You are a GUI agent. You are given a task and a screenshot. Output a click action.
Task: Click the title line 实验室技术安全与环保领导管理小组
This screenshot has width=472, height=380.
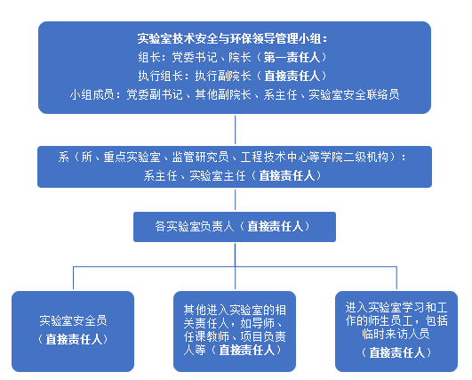229,39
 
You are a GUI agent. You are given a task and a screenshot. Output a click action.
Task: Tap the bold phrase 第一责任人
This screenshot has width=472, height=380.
292,57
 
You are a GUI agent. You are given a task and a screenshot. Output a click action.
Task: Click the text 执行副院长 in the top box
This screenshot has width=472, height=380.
223,76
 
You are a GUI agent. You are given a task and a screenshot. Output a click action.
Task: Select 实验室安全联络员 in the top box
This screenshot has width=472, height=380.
354,94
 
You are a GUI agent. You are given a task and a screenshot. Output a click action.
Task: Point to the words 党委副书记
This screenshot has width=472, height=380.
155,94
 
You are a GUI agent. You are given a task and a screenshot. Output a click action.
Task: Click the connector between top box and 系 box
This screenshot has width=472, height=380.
235,130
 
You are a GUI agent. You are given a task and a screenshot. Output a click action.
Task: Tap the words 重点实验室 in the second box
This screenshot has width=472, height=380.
132,157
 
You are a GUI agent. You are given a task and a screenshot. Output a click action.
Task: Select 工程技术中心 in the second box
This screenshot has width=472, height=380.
275,157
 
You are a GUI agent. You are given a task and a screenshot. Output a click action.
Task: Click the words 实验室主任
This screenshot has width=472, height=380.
218,175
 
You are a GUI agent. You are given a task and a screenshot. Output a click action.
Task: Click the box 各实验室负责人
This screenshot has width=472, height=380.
235,227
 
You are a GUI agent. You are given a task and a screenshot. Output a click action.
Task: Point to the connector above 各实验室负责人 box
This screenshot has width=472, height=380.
235,199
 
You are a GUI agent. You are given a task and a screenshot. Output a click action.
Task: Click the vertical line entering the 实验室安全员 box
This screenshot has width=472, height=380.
73,278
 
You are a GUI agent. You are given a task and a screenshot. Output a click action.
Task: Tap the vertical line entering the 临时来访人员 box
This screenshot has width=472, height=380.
396,278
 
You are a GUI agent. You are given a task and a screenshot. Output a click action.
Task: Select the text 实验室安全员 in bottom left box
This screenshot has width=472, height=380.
73,320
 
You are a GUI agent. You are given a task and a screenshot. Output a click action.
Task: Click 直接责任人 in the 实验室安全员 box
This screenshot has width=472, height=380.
74,339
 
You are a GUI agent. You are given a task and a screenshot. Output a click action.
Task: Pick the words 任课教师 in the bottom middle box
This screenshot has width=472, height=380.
206,336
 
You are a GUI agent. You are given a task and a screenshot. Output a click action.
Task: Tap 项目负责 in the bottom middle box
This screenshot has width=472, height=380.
263,336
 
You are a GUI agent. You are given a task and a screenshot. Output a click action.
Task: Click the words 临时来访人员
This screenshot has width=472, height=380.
396,334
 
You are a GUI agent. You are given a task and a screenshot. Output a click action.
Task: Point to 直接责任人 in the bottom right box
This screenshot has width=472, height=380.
397,352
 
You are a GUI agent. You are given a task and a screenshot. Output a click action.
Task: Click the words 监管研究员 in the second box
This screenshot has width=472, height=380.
200,157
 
